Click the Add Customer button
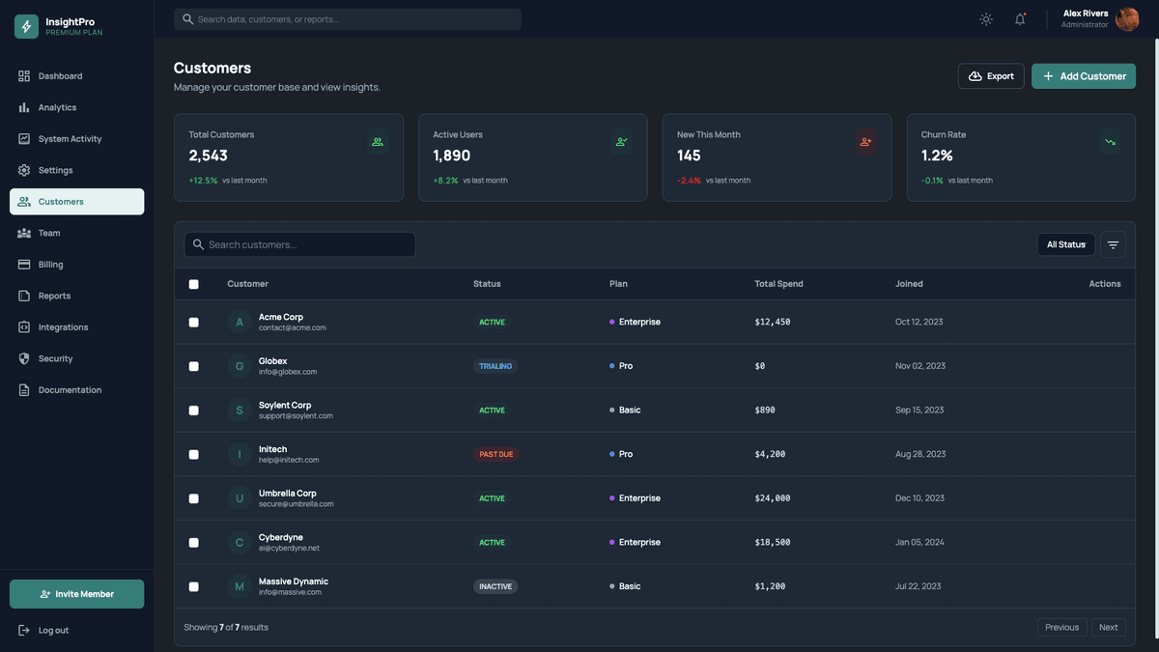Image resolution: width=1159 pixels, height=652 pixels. tap(1083, 76)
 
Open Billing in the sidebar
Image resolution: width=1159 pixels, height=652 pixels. tap(50, 265)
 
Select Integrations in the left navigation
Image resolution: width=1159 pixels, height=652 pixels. tap(63, 327)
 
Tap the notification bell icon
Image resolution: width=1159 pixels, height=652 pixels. tap(1020, 19)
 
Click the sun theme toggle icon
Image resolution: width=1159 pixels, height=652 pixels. tap(985, 19)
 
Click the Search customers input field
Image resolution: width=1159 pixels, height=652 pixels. tap(299, 244)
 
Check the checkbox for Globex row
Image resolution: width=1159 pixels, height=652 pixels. tap(193, 366)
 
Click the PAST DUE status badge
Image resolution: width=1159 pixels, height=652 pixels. tap(495, 454)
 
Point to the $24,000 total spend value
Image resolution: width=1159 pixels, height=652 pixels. tap(772, 498)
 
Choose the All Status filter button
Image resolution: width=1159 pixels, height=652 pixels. tap(1065, 244)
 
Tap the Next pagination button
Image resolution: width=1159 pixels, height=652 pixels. tap(1108, 627)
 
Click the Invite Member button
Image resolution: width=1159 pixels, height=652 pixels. tap(76, 594)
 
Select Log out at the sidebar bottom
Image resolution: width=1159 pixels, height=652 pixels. tap(53, 631)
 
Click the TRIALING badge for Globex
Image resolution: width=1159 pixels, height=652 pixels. tap(495, 366)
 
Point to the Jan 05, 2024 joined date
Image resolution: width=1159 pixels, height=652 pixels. tap(919, 543)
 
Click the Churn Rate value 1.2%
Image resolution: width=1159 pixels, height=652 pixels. tap(937, 156)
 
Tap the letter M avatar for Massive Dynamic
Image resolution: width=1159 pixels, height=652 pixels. tap(240, 586)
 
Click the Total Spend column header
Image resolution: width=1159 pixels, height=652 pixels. tap(778, 284)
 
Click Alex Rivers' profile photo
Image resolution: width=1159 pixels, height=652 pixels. tap(1126, 19)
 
